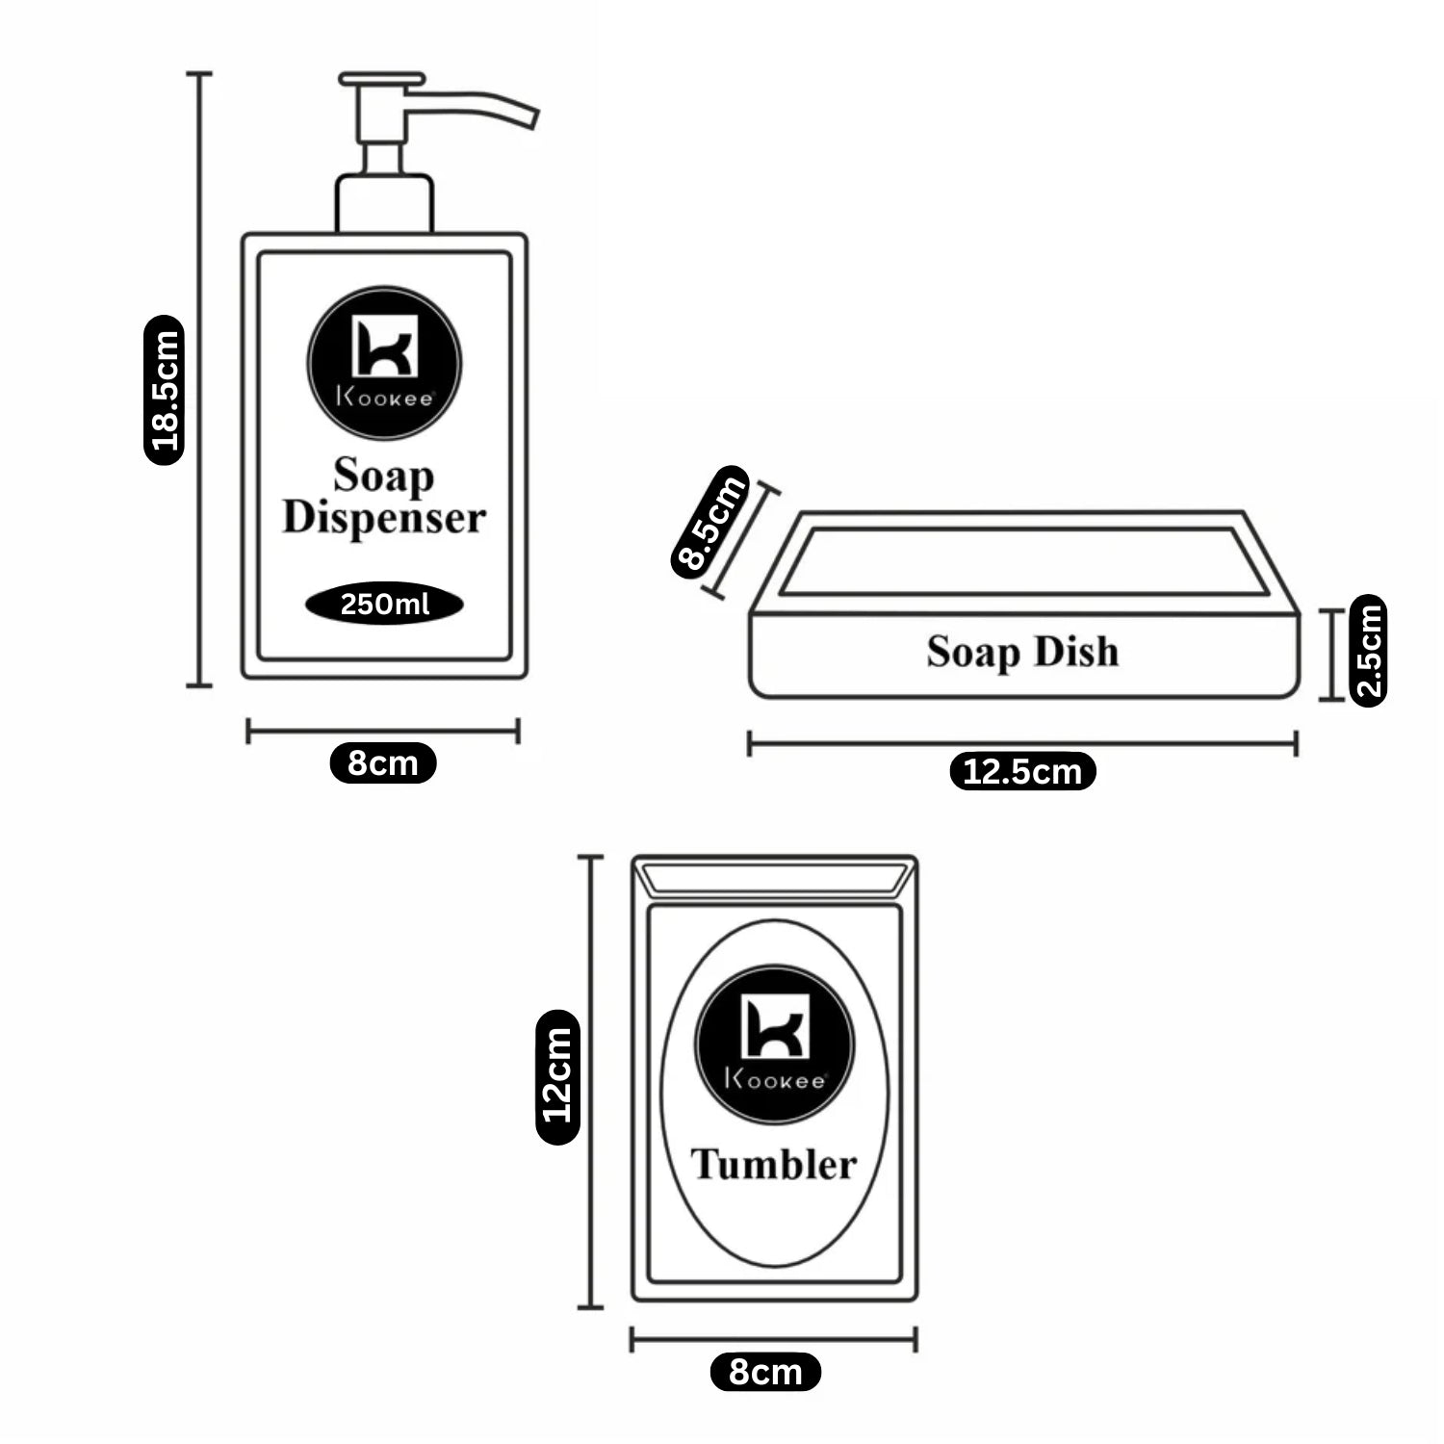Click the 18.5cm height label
[x=164, y=390]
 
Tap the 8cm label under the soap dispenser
[x=383, y=763]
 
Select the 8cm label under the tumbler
[x=765, y=1372]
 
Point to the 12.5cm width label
[x=1022, y=771]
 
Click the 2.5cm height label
[x=1369, y=651]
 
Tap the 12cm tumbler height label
[x=557, y=1076]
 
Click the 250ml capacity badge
[x=384, y=605]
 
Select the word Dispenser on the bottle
[x=384, y=518]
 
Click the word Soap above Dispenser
[x=383, y=476]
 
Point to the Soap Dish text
[x=1022, y=652]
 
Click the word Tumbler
[x=774, y=1165]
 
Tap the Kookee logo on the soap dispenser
[x=384, y=363]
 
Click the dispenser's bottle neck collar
[x=384, y=203]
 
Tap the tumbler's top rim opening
[x=775, y=878]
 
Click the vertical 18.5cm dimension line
[x=199, y=379]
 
